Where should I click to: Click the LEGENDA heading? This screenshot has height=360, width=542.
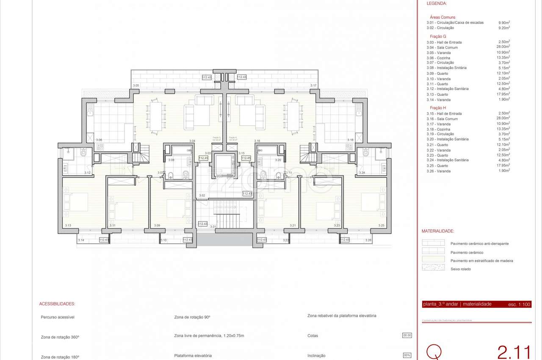437,3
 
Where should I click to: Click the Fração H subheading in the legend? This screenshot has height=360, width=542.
438,108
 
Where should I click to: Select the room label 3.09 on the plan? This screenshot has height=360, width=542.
157,226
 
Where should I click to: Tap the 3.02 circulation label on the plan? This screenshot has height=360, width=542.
202,195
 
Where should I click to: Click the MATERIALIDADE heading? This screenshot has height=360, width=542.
438,231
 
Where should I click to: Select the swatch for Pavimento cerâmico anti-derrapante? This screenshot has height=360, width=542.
433,243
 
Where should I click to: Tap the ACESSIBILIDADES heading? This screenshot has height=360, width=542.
57,304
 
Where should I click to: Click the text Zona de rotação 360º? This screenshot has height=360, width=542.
60,337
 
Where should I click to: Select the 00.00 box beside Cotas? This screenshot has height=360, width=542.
406,335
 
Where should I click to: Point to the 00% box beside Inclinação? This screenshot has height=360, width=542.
407,355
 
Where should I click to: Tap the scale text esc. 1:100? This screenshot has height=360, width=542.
519,305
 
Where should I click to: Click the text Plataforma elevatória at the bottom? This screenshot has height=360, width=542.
193,356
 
